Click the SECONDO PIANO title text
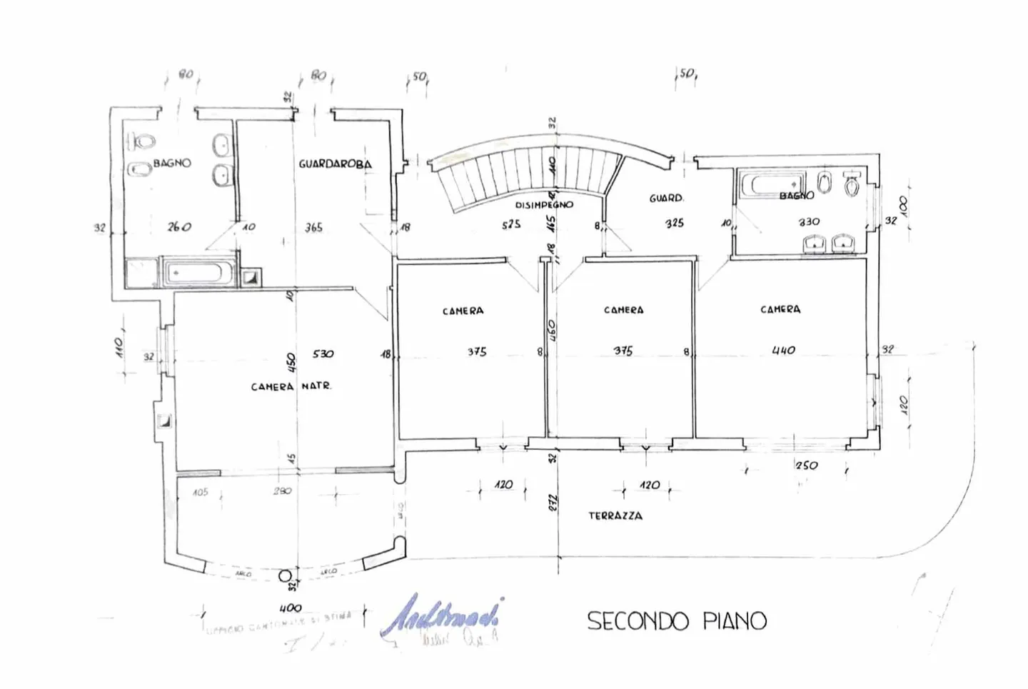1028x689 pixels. [676, 620]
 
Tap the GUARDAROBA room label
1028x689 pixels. [335, 164]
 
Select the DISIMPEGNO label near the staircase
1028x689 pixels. [544, 205]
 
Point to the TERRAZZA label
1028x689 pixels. [615, 516]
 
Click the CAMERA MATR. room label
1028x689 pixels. [291, 386]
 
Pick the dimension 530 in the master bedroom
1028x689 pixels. [323, 354]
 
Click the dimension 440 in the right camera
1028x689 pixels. [783, 351]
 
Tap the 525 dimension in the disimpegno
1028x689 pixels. [511, 224]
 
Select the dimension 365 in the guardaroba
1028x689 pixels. [313, 228]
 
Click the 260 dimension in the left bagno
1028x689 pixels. [179, 227]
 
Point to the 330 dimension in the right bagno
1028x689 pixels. [809, 222]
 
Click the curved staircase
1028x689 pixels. [528, 171]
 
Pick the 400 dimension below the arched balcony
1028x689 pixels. [290, 608]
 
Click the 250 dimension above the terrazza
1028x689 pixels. [807, 466]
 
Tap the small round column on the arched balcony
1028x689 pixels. [285, 575]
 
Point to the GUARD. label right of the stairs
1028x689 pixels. [666, 198]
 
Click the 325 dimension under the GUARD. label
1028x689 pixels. [674, 223]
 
